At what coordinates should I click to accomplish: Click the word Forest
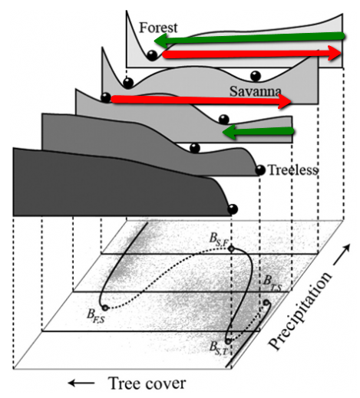[x=158, y=28]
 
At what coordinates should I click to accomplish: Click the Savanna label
[x=256, y=91]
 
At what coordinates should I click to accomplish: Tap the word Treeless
[x=292, y=170]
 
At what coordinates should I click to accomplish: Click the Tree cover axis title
[x=147, y=383]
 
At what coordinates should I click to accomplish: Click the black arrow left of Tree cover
[x=81, y=383]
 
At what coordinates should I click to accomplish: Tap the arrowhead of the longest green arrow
[x=160, y=41]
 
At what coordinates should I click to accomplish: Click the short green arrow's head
[x=229, y=133]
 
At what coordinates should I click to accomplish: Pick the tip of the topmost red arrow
[x=340, y=53]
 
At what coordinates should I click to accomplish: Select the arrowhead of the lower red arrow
[x=290, y=102]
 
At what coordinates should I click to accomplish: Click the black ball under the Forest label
[x=152, y=55]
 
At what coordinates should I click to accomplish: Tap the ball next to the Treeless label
[x=260, y=170]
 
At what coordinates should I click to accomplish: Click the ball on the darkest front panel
[x=233, y=209]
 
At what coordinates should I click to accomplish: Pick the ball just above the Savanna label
[x=256, y=76]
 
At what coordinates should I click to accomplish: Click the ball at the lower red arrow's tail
[x=106, y=97]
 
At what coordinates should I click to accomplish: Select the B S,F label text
[x=218, y=240]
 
